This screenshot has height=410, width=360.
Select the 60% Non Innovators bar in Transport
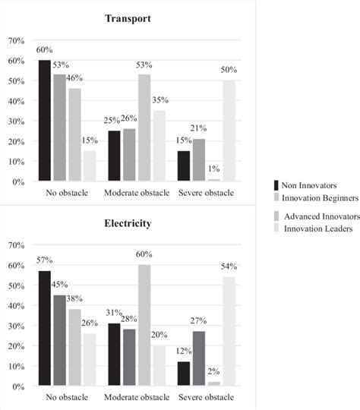(44, 121)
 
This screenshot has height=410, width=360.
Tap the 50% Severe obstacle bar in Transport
(229, 131)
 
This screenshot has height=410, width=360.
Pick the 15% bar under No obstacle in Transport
(89, 166)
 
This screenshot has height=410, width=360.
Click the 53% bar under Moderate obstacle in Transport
(144, 128)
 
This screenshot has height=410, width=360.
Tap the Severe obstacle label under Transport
(207, 193)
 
